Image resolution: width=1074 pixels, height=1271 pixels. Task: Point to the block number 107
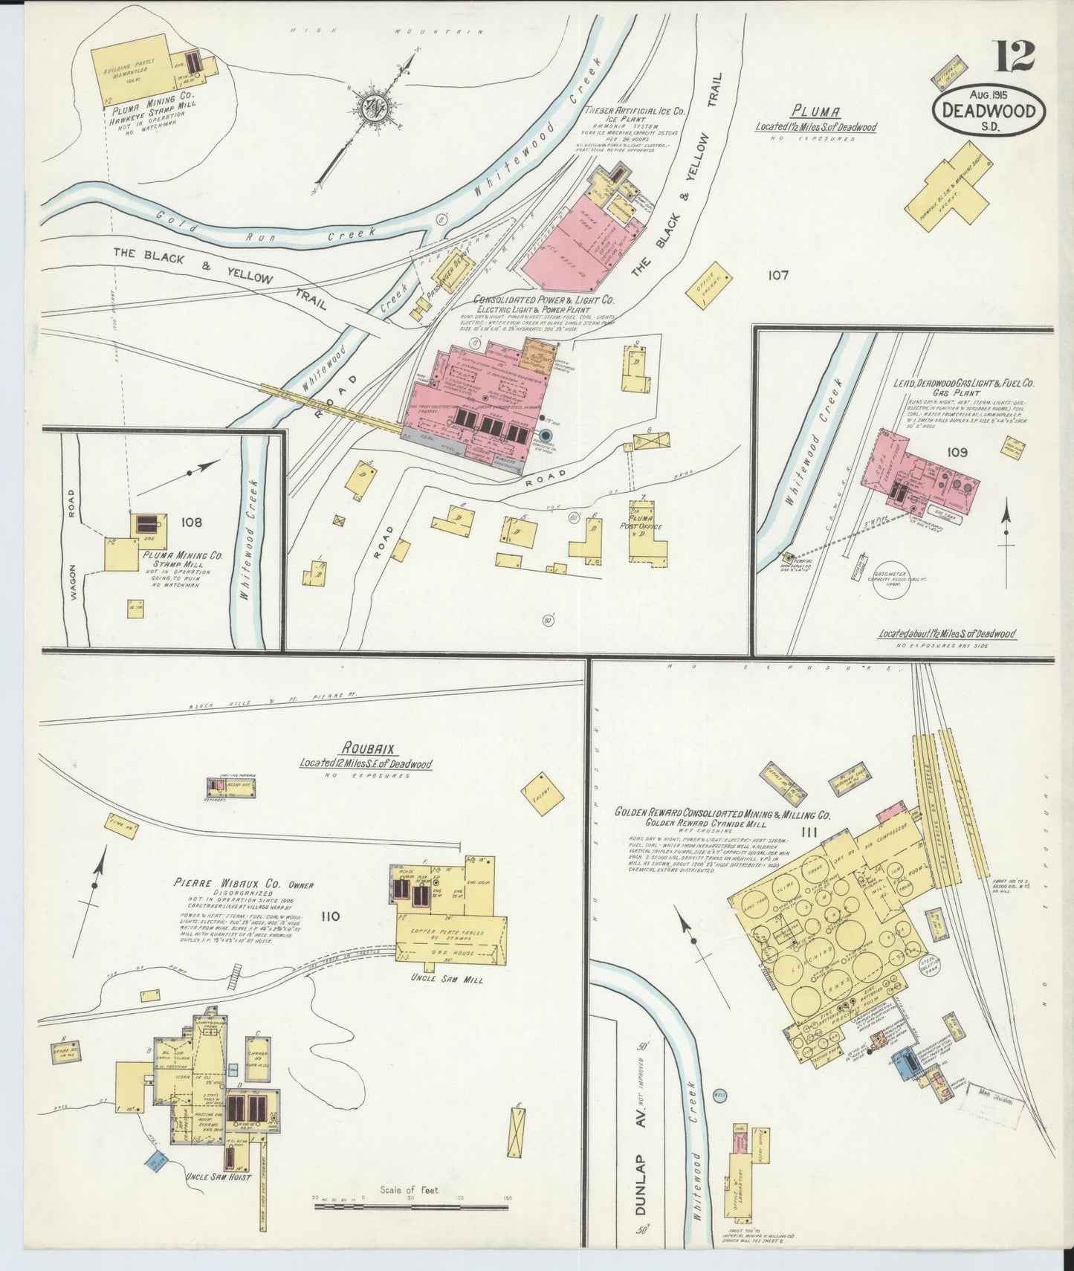pyautogui.click(x=778, y=276)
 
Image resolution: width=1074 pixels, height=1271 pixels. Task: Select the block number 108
pyautogui.click(x=191, y=523)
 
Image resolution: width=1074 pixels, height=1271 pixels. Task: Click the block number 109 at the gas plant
pyautogui.click(x=957, y=452)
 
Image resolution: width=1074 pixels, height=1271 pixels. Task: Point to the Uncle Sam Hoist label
pyautogui.click(x=216, y=1177)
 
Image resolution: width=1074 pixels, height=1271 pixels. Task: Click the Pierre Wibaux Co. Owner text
pyautogui.click(x=244, y=884)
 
